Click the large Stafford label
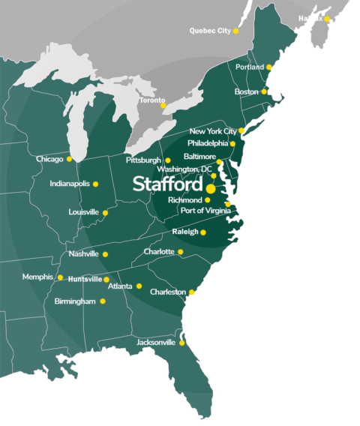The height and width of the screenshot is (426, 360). coord(167,184)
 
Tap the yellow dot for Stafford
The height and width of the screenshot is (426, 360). coord(211,189)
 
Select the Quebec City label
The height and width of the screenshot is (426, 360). coord(209,31)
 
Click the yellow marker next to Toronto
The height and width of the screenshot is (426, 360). coord(163,105)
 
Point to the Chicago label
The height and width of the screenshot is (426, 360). coord(49,159)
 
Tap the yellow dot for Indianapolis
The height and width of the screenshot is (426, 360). coord(95,184)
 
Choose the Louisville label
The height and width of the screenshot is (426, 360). coord(83,212)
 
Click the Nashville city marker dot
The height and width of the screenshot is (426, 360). coord(105,254)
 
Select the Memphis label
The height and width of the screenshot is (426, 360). coord(37,277)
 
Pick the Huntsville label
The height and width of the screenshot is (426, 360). coord(84,279)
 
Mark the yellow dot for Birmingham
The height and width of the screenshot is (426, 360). coord(103,301)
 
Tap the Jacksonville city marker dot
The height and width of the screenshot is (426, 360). coord(181,343)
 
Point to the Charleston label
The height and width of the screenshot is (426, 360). coord(168,292)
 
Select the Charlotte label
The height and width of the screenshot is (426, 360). coord(158,251)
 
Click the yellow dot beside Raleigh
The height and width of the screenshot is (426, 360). coord(203,232)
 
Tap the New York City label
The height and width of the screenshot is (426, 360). coord(213,130)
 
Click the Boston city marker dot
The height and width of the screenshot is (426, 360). coord(264,91)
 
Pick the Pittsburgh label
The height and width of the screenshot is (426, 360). coord(143,160)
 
